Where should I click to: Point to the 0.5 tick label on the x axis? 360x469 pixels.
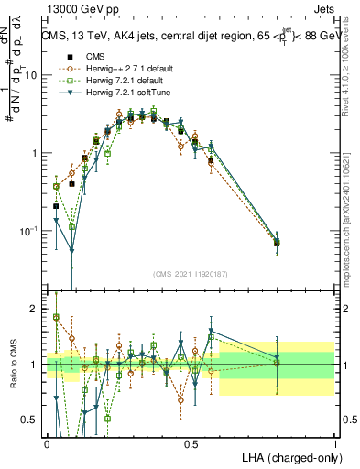coord(191,444)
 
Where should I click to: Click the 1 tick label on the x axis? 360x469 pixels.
coord(335,444)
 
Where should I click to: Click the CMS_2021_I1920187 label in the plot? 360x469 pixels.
coord(191,272)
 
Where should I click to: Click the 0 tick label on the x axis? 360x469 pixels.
coord(48,444)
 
